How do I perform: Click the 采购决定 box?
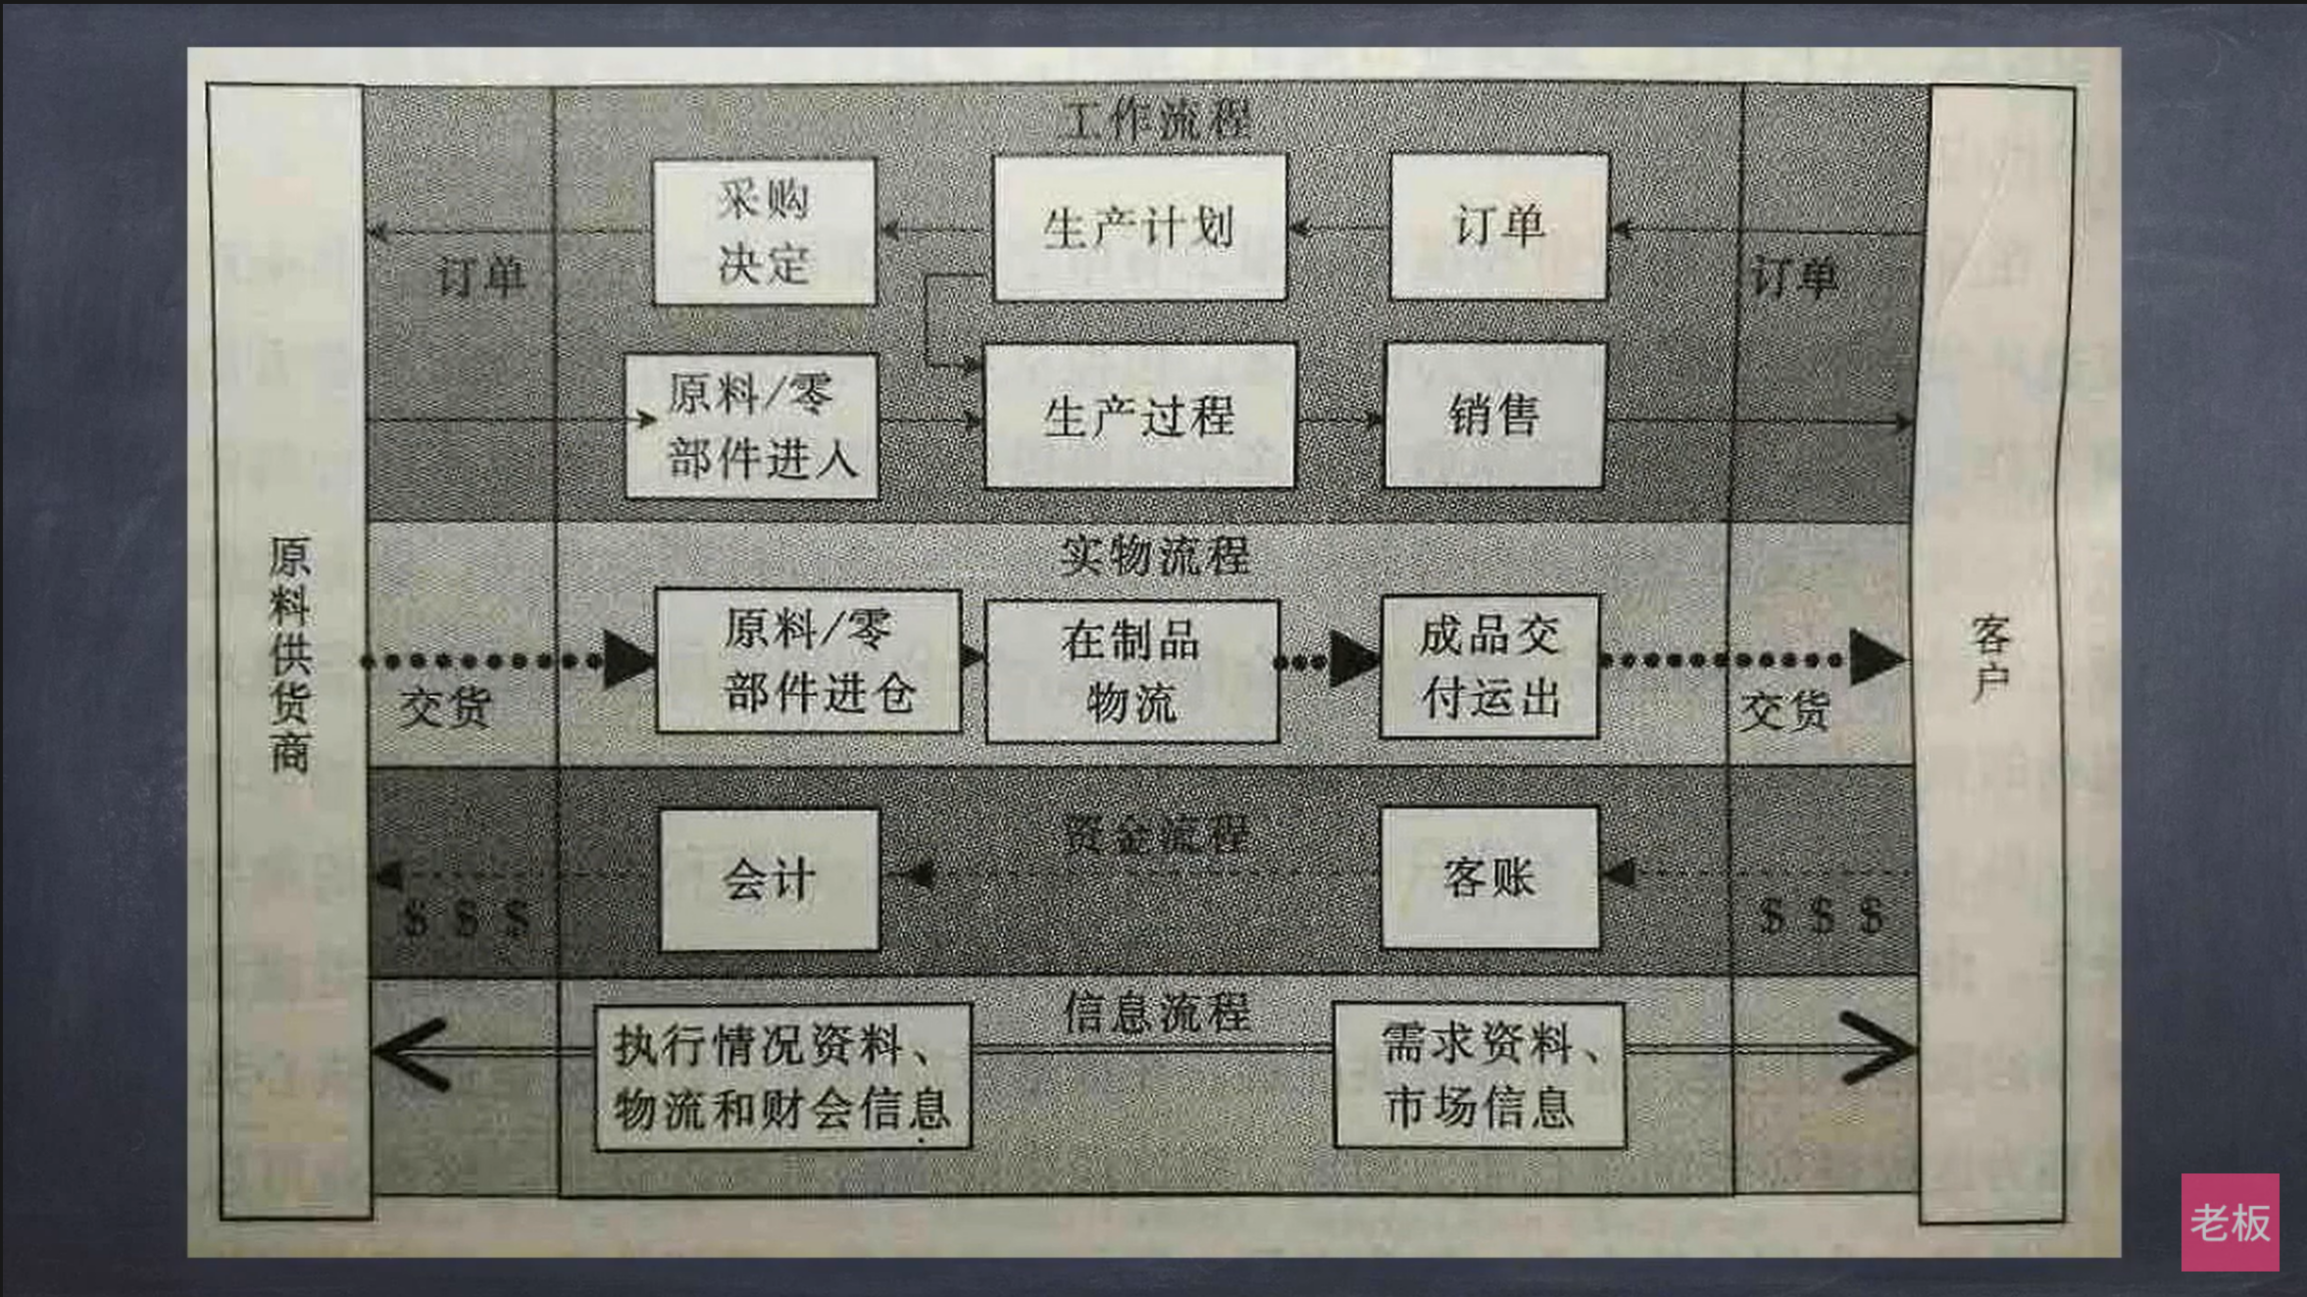click(x=764, y=231)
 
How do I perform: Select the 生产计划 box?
click(x=1139, y=227)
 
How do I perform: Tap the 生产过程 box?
click(x=1139, y=416)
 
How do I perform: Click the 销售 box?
click(x=1494, y=415)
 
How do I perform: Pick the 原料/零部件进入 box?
click(x=752, y=426)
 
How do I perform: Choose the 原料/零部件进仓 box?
click(x=808, y=661)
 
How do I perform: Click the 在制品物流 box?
click(x=1131, y=672)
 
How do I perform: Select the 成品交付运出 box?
click(x=1489, y=667)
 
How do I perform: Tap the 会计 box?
click(x=769, y=879)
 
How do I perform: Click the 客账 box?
click(x=1489, y=877)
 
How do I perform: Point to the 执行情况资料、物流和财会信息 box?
click(x=782, y=1076)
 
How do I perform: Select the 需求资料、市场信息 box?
click(x=1479, y=1074)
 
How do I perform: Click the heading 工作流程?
click(x=1157, y=121)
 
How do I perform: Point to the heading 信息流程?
click(x=1157, y=1012)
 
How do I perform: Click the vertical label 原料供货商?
click(x=289, y=654)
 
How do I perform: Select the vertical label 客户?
click(x=1990, y=657)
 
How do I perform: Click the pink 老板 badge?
click(x=2230, y=1222)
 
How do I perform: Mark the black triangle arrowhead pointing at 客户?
click(x=1875, y=659)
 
